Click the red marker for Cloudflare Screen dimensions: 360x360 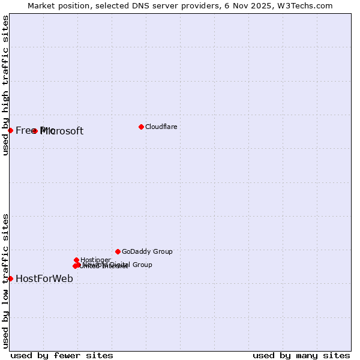(x=141, y=127)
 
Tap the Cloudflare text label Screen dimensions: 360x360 (x=161, y=127)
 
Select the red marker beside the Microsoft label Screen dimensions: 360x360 (x=35, y=131)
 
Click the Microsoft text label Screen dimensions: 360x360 (x=62, y=131)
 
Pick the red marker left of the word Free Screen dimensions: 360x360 (x=10, y=130)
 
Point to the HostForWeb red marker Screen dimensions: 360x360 (x=10, y=278)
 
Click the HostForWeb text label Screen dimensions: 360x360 (x=44, y=278)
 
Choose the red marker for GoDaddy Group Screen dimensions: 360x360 (x=118, y=251)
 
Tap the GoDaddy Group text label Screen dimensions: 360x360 (x=147, y=252)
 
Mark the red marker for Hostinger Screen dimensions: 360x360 (x=76, y=260)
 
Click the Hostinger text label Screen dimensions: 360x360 (x=95, y=260)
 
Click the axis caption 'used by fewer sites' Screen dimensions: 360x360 (x=62, y=355)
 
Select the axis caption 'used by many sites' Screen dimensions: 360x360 (x=301, y=355)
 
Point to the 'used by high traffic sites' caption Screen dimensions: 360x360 (x=5, y=85)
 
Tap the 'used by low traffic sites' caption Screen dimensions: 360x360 (x=5, y=281)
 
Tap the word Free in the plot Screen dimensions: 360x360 (x=26, y=131)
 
